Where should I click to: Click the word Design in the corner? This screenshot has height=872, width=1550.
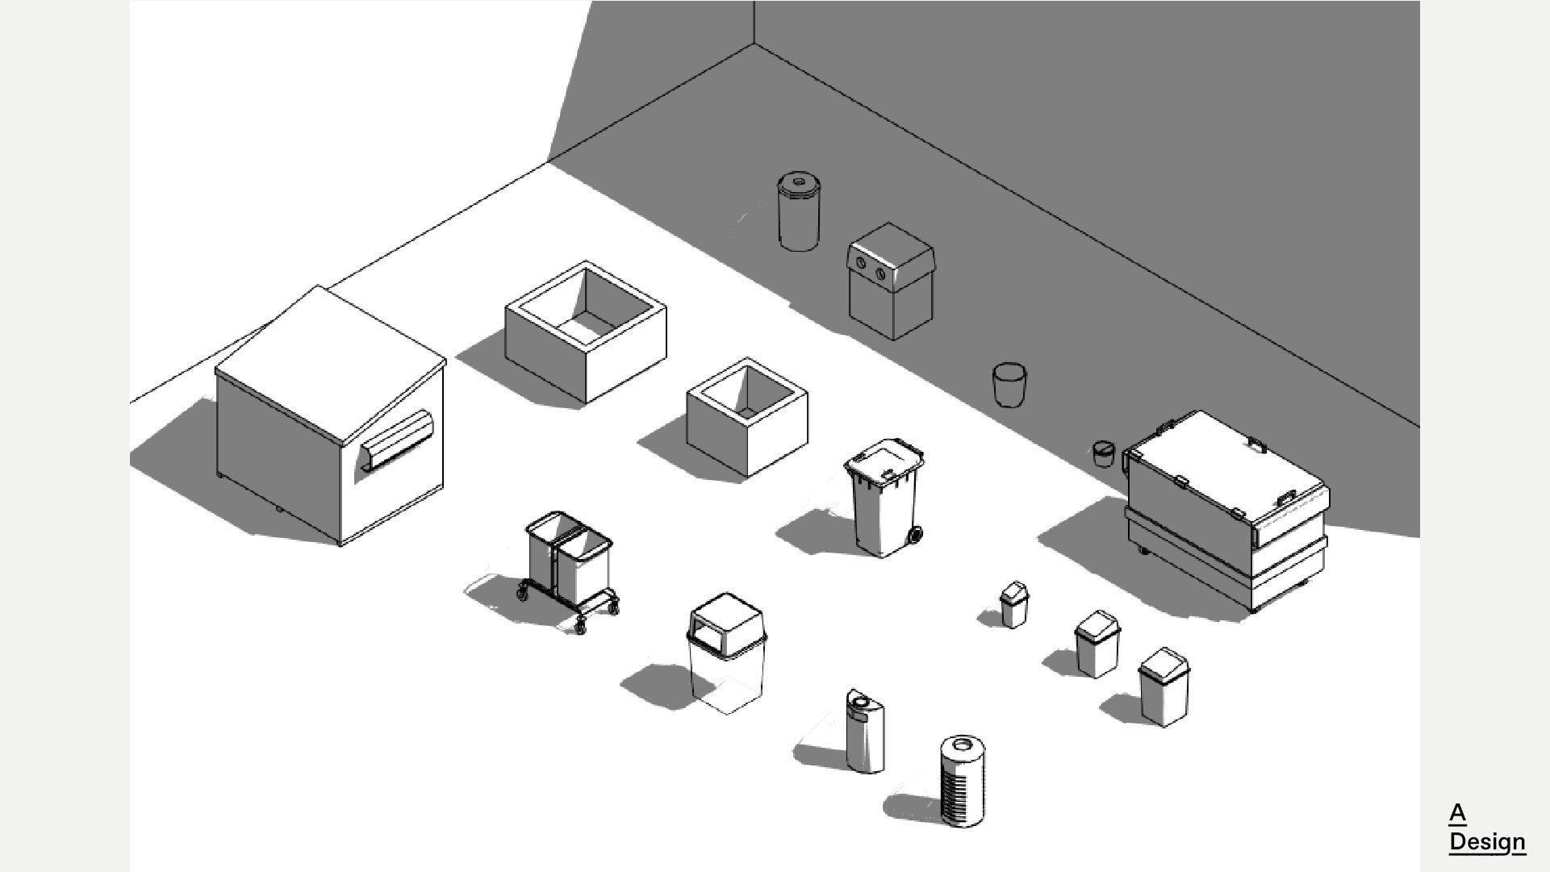(x=1486, y=841)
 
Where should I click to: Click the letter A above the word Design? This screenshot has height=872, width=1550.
(x=1457, y=812)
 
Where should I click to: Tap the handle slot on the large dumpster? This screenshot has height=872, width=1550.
(x=397, y=440)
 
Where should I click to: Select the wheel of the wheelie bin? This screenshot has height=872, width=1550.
(x=914, y=534)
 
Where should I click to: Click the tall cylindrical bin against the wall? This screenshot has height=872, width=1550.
(x=799, y=211)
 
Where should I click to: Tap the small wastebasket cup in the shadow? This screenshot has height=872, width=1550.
(x=1009, y=385)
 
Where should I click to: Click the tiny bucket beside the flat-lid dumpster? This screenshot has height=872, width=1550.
(x=1103, y=453)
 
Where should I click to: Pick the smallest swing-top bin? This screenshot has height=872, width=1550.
(x=1014, y=604)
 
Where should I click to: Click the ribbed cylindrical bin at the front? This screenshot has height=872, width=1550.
(x=962, y=782)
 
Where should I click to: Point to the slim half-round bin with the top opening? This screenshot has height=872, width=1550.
(x=864, y=731)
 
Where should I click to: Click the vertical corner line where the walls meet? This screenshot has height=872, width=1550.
(x=754, y=23)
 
